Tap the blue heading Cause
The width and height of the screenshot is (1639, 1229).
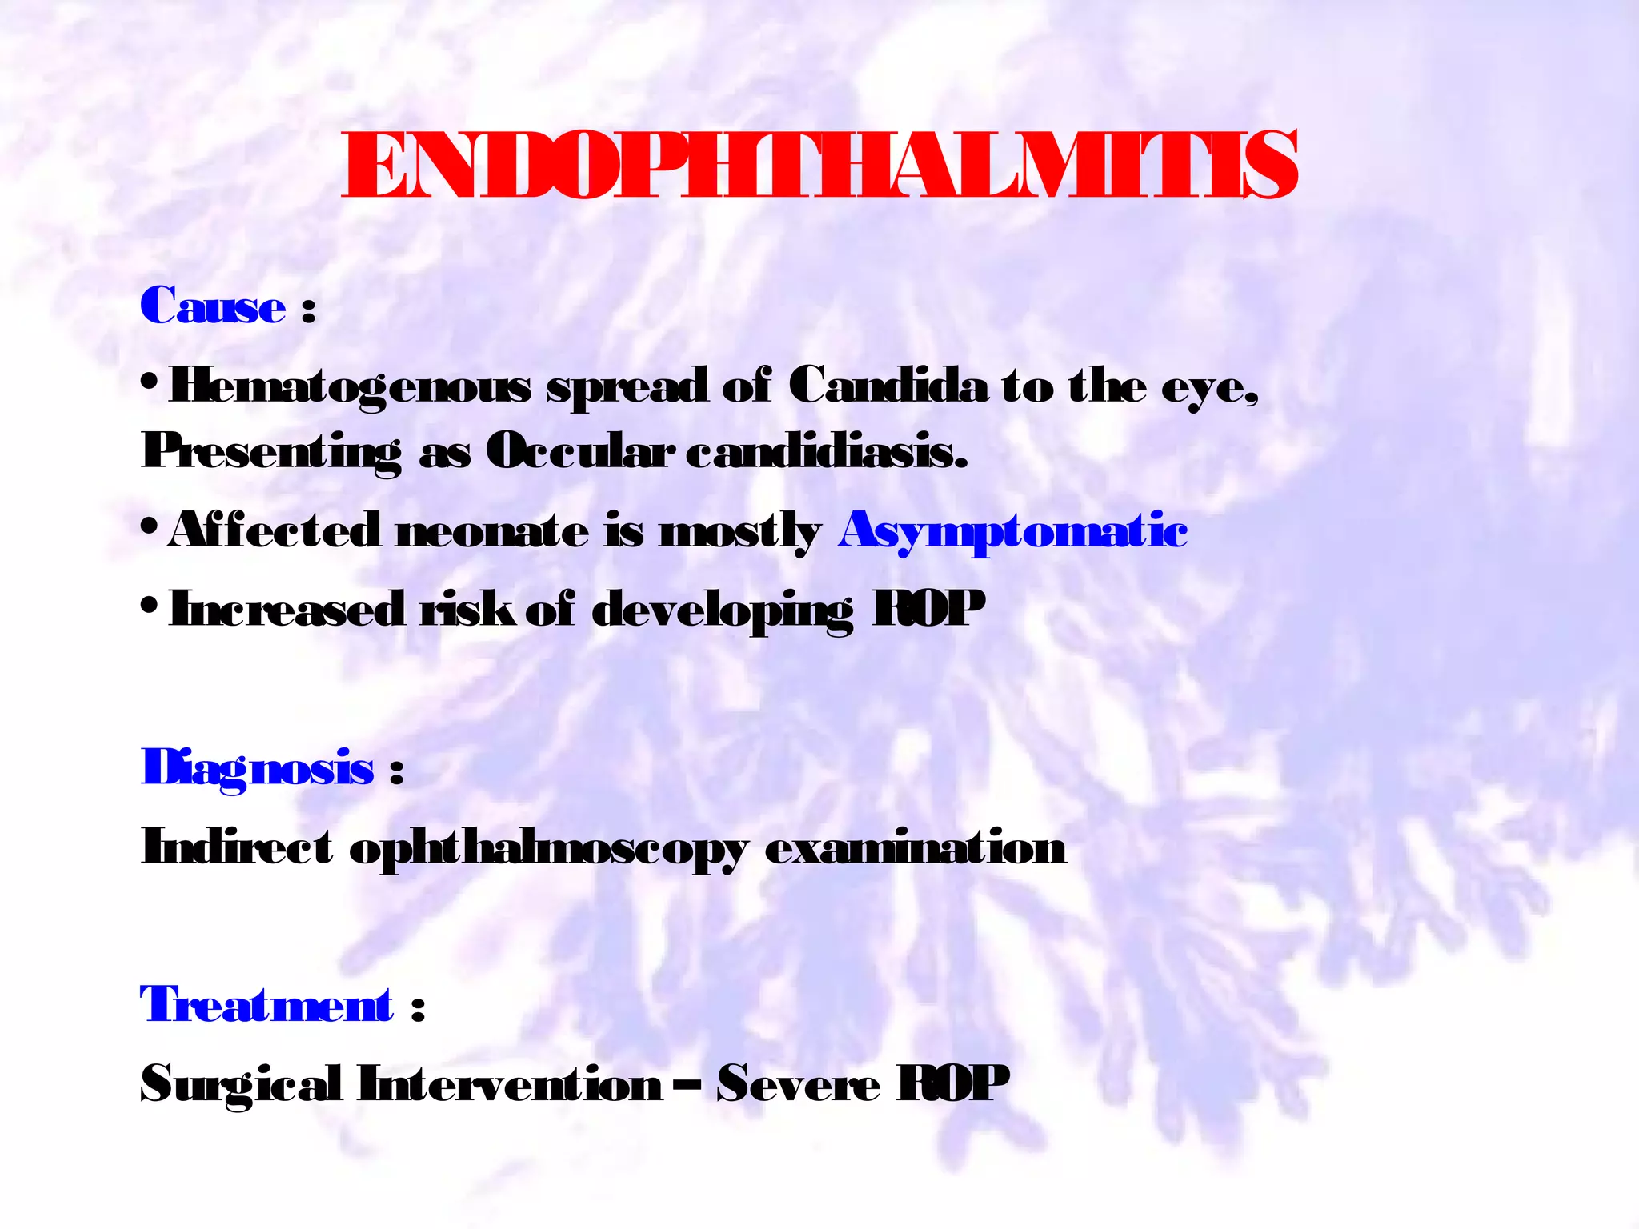click(x=213, y=306)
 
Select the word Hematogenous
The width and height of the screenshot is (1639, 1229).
click(x=350, y=387)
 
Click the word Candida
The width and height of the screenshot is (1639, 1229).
click(x=888, y=386)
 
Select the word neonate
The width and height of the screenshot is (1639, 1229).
click(x=492, y=531)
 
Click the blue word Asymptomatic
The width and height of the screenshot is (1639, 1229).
click(x=1012, y=531)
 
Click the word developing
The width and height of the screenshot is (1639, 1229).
click(x=723, y=611)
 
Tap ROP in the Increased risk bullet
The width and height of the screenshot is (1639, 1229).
click(x=928, y=610)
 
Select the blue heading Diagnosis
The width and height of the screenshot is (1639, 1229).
click(x=257, y=768)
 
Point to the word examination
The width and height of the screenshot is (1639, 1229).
click(x=916, y=847)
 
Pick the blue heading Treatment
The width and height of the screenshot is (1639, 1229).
click(x=266, y=1005)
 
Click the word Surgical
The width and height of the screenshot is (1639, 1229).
click(x=241, y=1085)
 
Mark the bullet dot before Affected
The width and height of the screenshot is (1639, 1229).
click(x=150, y=529)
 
